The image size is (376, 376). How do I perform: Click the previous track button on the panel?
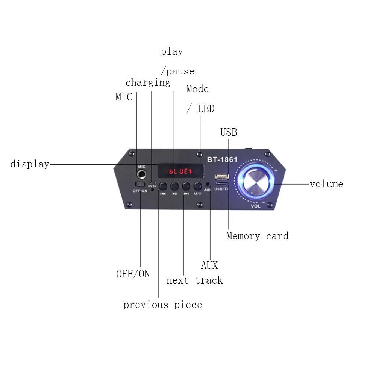163,186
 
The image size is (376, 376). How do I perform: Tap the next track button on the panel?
186,186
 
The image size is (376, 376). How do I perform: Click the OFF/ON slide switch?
140,185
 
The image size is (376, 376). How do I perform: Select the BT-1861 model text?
222,160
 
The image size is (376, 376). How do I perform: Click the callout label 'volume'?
326,184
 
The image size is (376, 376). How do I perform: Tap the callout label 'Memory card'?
257,236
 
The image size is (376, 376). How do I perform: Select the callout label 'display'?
30,164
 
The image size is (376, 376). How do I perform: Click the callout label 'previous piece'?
162,305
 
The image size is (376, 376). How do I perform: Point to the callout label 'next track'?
194,280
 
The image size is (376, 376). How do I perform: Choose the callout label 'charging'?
148,83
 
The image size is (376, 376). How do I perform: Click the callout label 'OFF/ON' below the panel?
133,274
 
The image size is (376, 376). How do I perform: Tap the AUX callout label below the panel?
209,265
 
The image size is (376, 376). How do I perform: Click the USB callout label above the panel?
229,132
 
